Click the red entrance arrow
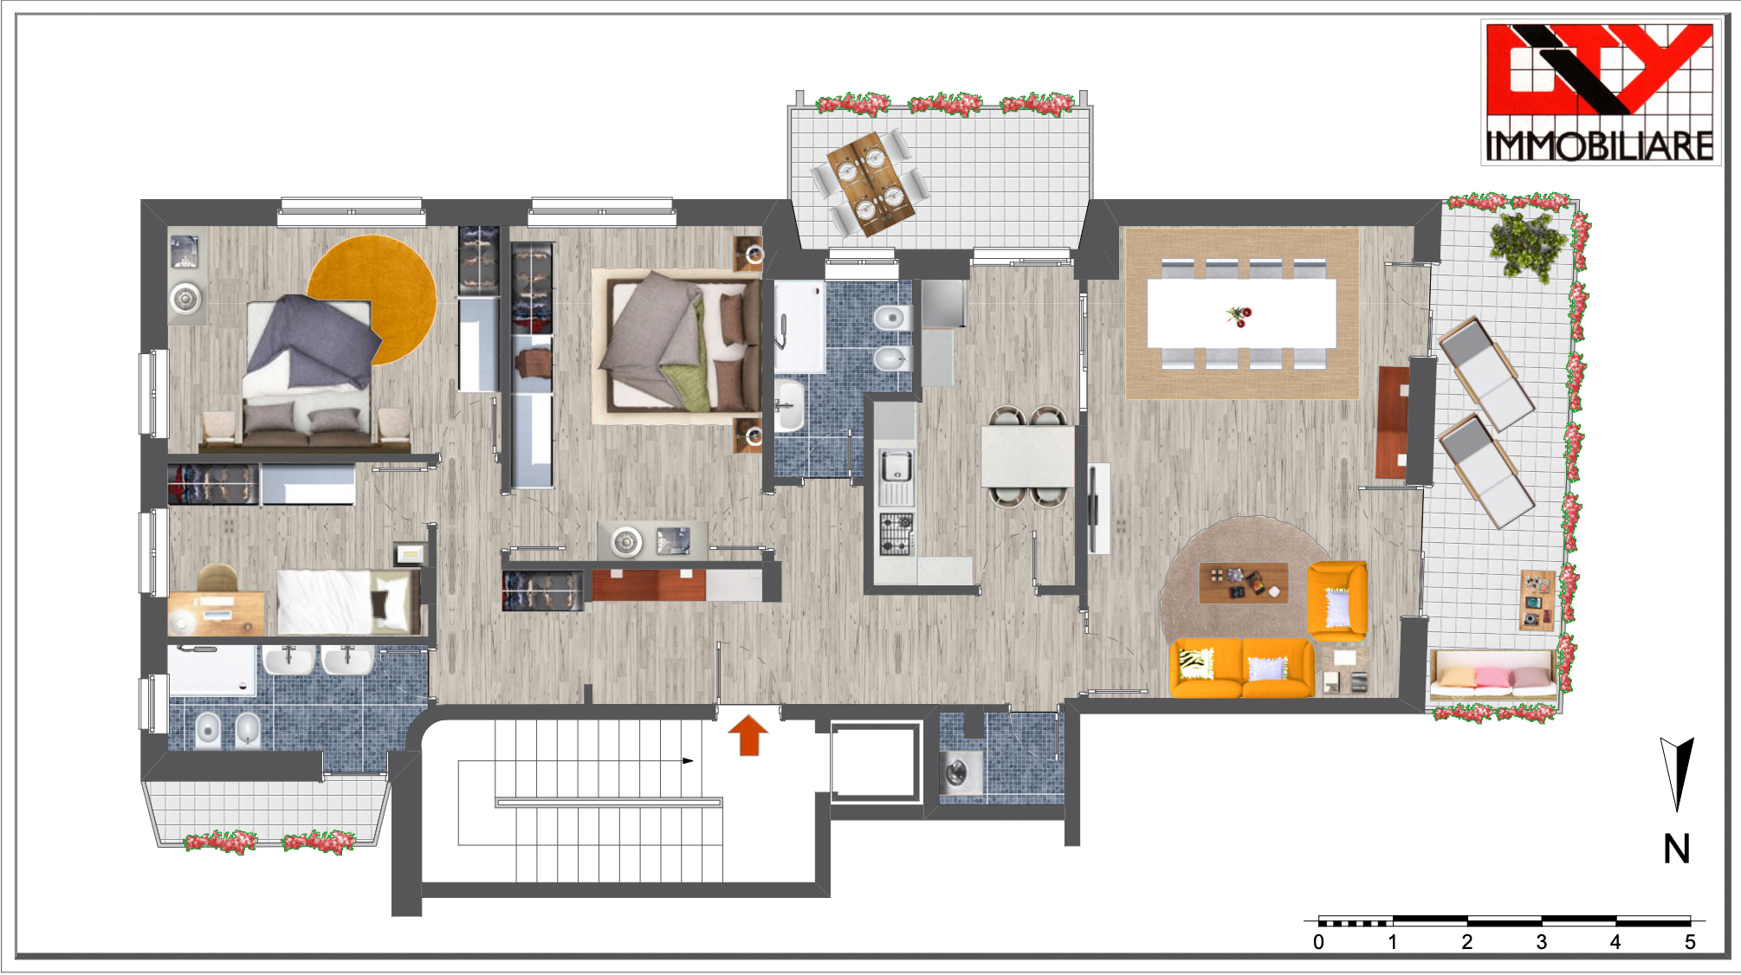click(748, 735)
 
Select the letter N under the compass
click(1677, 849)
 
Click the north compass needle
click(1678, 773)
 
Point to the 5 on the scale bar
click(1690, 942)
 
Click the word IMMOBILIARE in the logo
click(1600, 145)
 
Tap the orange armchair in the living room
click(1337, 600)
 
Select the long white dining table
click(1241, 313)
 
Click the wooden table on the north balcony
click(870, 183)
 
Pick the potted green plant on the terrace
click(1529, 245)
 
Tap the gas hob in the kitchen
click(896, 533)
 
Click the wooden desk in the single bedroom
click(217, 612)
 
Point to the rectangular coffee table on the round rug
click(1243, 583)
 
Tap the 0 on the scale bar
click(1318, 942)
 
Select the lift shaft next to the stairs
click(875, 762)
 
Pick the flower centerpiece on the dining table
click(1239, 316)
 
